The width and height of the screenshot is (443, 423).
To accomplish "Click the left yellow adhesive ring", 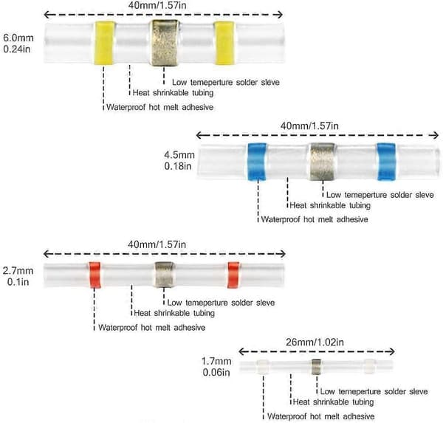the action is tap(103, 44).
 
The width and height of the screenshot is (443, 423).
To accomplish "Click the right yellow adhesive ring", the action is tap(224, 43).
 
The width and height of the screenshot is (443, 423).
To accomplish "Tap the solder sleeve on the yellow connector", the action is tap(164, 43).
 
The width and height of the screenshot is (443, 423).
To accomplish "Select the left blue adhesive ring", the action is tap(257, 162).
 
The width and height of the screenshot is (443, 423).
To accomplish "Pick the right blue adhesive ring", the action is tap(386, 162).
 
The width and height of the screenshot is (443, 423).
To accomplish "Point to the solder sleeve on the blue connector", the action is tap(323, 162).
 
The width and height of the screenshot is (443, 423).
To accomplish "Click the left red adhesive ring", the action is tap(95, 275).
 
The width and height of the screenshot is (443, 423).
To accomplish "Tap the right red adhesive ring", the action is tap(233, 275).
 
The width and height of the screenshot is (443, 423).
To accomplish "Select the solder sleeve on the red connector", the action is tap(165, 275).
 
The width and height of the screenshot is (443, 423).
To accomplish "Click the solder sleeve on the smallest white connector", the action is tap(316, 367).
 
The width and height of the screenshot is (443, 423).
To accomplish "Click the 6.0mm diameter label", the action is tap(18, 38).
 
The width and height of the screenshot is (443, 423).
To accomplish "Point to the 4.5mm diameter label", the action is tap(179, 155).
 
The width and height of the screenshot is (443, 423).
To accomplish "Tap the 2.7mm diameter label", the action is tap(18, 271).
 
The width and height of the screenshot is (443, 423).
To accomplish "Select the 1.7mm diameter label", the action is tap(216, 361).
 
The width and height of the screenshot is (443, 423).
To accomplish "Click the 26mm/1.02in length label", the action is tap(315, 343).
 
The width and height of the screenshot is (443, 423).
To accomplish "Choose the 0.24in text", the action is tap(17, 49).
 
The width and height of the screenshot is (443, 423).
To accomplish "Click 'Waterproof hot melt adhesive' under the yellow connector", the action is tap(160, 107).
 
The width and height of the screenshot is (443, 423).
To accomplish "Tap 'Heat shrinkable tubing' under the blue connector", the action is tap(330, 205).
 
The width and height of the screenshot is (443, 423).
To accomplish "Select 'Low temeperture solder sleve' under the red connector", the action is tap(221, 303).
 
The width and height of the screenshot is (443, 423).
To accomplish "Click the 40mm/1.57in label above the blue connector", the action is tap(309, 125).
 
